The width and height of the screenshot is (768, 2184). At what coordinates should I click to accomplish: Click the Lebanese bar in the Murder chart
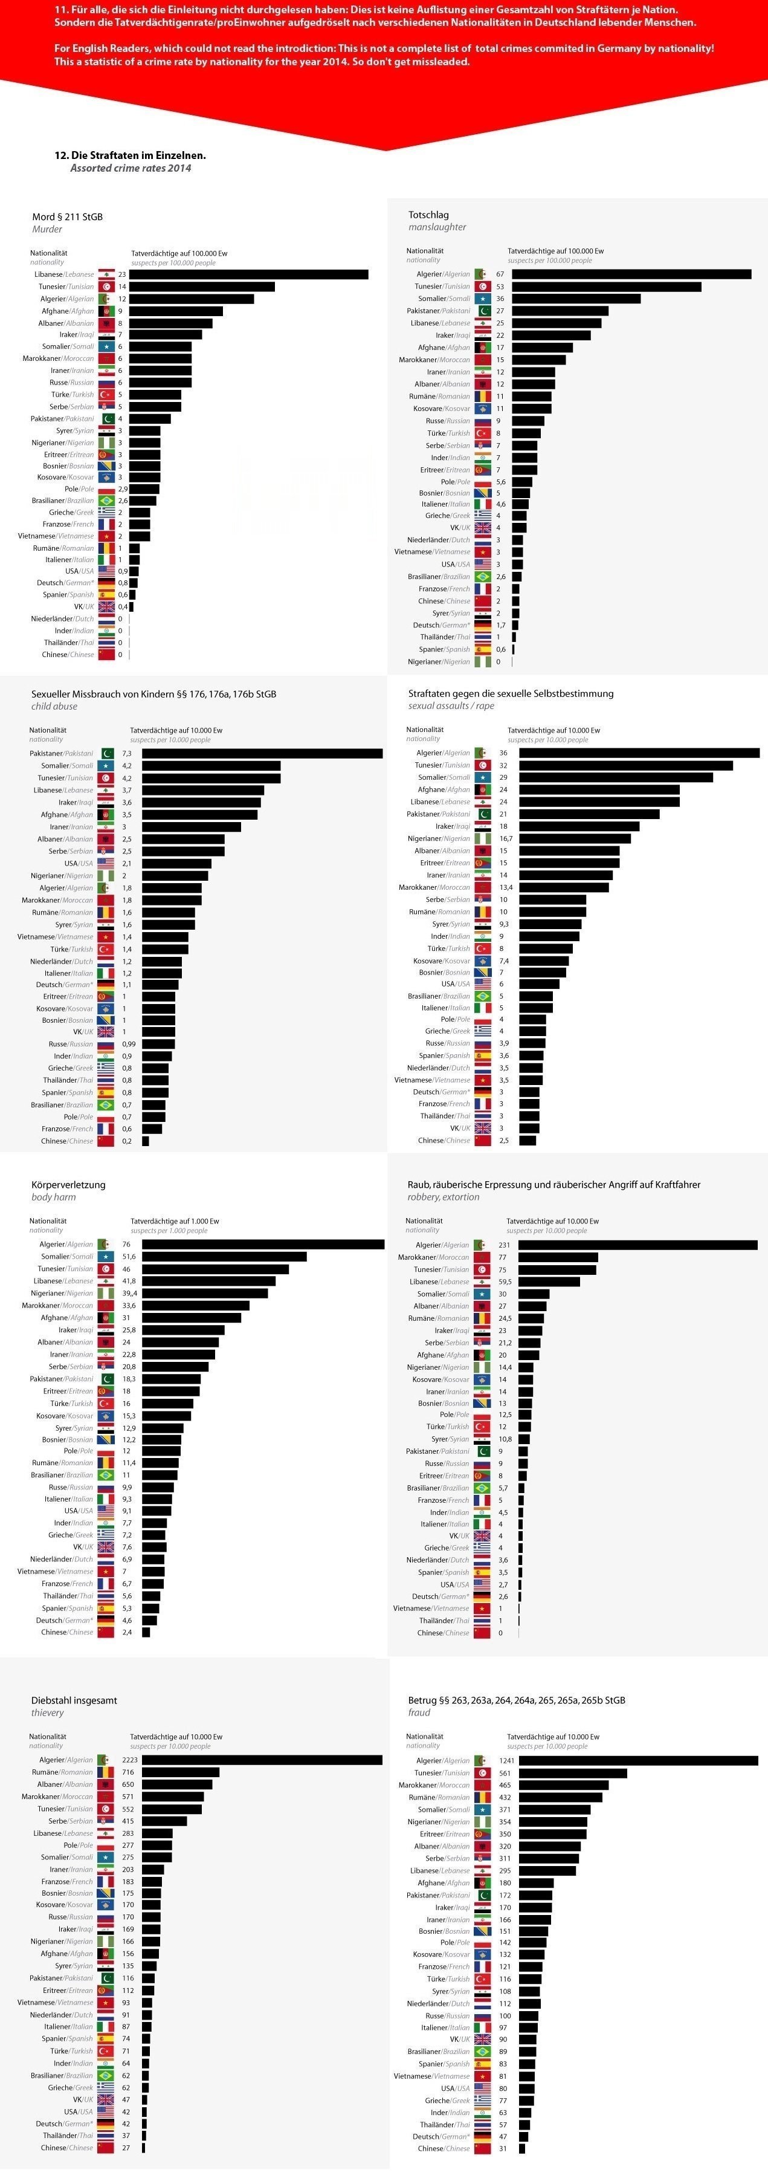(248, 274)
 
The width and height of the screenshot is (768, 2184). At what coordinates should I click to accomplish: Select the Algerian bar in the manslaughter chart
(631, 274)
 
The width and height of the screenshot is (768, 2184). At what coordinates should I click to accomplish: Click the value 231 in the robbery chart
(505, 1245)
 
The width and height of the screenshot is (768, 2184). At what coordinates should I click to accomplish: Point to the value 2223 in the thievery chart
(129, 1759)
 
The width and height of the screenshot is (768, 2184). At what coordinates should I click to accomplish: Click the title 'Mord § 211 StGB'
(67, 217)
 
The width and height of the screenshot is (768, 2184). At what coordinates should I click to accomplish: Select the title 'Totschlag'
(428, 215)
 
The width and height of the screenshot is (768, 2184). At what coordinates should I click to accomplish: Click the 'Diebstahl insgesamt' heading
(74, 1700)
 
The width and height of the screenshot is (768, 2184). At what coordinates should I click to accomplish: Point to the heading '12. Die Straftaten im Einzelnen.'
(130, 155)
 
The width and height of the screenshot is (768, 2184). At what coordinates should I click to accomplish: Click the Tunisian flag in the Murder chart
(106, 287)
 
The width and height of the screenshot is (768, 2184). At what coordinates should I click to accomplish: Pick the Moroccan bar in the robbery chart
(558, 1257)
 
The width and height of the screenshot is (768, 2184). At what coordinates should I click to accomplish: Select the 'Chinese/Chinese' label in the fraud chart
(444, 2148)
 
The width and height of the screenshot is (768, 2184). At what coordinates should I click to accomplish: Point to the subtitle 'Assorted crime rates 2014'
(131, 169)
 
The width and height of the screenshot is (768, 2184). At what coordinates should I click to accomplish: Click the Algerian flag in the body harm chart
(106, 1245)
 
